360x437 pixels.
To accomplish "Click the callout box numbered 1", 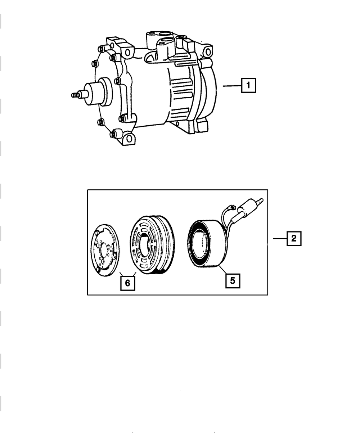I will click(x=248, y=86).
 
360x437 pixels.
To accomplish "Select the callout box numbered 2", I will click(x=294, y=238).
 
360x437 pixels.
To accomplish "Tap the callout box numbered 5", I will click(x=233, y=280).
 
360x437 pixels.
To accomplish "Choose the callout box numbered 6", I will click(x=127, y=283).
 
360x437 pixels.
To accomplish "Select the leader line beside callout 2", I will click(x=280, y=238).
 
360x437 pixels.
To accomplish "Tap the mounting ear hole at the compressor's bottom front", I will click(x=129, y=138).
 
